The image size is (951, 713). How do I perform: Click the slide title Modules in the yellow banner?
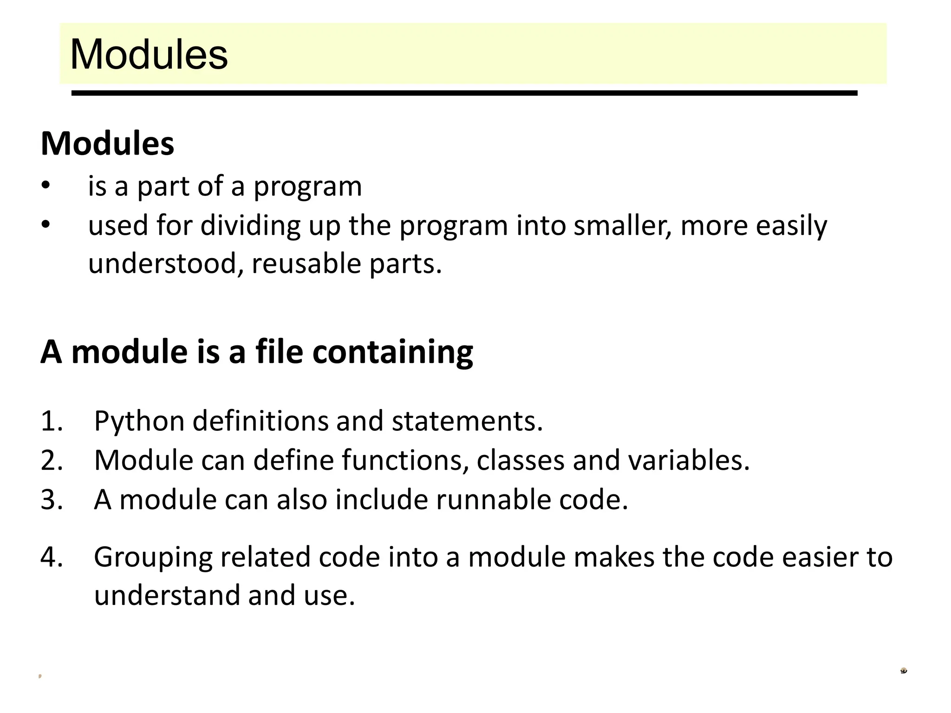(x=149, y=55)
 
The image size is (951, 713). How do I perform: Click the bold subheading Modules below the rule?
(x=107, y=143)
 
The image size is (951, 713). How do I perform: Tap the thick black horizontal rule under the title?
(x=464, y=93)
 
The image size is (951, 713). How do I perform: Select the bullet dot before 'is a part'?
(x=45, y=186)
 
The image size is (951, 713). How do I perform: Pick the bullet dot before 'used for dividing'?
(x=45, y=225)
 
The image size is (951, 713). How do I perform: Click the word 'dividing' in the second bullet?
(x=251, y=226)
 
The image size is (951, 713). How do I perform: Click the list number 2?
(x=51, y=460)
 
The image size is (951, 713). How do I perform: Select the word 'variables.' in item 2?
(x=689, y=460)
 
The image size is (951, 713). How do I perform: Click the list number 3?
(x=51, y=500)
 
